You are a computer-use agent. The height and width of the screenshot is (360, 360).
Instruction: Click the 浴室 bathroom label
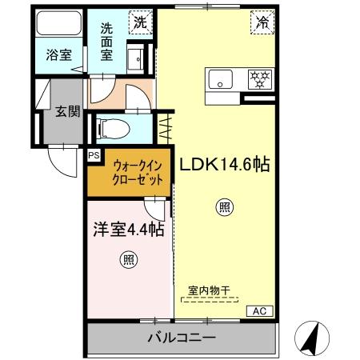click(x=58, y=58)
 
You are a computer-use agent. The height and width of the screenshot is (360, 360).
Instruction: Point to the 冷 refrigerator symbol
click(x=262, y=23)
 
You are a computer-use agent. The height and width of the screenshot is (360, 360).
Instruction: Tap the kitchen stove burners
click(x=260, y=78)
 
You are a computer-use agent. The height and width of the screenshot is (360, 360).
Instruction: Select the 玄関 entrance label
click(x=67, y=112)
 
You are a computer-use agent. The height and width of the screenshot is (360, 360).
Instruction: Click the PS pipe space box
click(x=94, y=156)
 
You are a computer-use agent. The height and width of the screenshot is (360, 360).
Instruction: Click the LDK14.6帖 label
click(x=223, y=165)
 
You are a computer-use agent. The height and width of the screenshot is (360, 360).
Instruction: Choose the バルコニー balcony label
click(x=181, y=338)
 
